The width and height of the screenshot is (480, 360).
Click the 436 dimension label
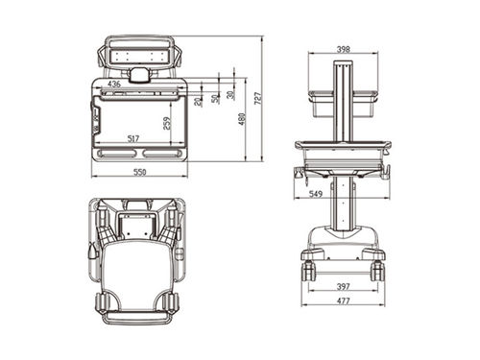click(x=114, y=84)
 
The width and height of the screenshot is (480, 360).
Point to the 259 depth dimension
click(x=166, y=123)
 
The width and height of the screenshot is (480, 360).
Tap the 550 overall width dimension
click(x=139, y=172)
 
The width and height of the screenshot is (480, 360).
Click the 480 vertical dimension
click(x=242, y=119)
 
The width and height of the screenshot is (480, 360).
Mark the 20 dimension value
click(x=196, y=101)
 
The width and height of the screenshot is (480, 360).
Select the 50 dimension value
click(x=215, y=97)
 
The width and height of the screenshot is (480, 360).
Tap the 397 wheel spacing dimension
click(x=343, y=286)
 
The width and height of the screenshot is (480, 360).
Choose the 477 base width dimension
click(x=343, y=301)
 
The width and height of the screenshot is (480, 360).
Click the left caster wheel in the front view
click(x=310, y=270)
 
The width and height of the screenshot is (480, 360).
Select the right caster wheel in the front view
click(x=377, y=270)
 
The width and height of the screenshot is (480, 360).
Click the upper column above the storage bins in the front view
click(x=343, y=96)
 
